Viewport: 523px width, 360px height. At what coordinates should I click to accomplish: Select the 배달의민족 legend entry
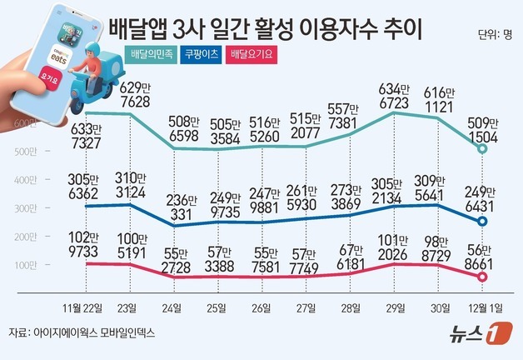click(x=154, y=55)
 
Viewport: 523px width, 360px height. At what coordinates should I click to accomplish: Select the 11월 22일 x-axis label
click(x=86, y=307)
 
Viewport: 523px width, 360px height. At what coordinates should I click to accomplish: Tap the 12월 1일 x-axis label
click(x=482, y=307)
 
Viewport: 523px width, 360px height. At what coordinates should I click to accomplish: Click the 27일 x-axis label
click(x=306, y=307)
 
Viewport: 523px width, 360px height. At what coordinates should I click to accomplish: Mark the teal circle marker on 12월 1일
click(x=482, y=148)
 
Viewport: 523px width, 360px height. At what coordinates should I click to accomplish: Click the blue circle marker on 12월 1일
click(x=482, y=221)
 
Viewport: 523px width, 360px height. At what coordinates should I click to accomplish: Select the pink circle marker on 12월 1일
click(x=482, y=277)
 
